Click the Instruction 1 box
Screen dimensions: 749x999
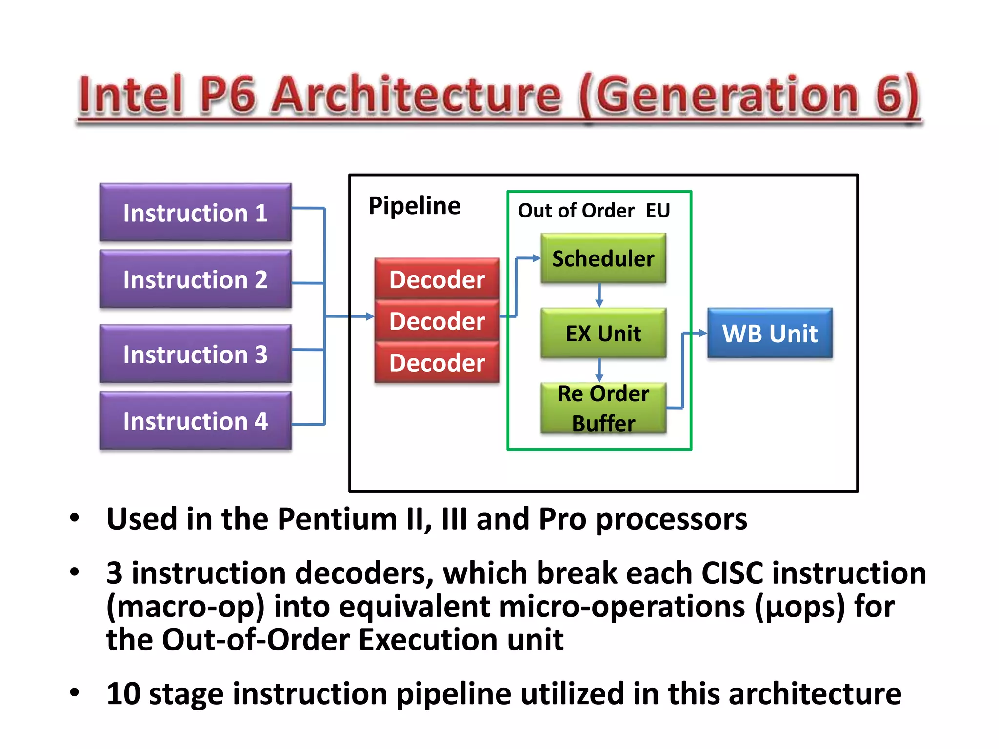195,213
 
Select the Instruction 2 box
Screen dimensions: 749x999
195,279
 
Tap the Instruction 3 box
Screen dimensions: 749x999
195,354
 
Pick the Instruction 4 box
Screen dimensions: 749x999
195,421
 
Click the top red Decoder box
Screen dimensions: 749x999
437,279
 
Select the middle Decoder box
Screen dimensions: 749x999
437,321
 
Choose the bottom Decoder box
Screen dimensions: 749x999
437,362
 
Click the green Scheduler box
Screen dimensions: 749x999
603,258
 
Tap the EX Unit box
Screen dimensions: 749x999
603,334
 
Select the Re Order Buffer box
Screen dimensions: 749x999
603,408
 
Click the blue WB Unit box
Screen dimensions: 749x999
770,334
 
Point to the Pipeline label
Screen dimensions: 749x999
414,205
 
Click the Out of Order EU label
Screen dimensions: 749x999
594,211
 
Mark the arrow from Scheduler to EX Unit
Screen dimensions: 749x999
599,296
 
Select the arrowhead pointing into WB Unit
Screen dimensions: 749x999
703,333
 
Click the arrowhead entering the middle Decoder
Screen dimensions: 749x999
370,317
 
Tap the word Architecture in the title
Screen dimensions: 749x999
416,95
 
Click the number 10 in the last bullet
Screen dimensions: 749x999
123,693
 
